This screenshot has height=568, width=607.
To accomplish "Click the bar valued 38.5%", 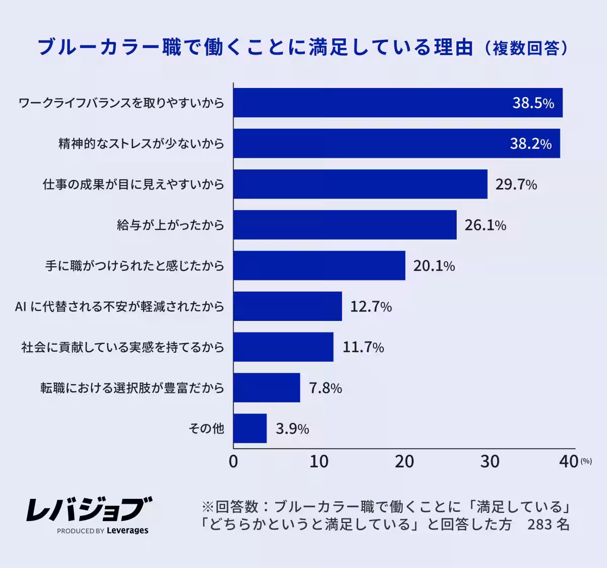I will click(398, 103).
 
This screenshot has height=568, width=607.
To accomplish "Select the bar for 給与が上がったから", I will click(345, 225).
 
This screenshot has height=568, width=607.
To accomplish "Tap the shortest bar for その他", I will click(250, 429).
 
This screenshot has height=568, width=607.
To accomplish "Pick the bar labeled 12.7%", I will click(288, 306).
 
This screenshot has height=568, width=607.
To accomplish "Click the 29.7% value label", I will click(516, 184).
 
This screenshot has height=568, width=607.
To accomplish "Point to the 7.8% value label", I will click(325, 388).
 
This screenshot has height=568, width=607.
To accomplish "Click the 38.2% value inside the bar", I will click(530, 144).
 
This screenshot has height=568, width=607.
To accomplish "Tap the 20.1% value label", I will click(434, 266).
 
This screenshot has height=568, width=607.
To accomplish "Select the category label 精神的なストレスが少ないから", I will click(141, 144).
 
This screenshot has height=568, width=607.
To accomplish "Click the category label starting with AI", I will click(119, 306).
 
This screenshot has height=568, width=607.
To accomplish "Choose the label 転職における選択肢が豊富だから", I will click(132, 388).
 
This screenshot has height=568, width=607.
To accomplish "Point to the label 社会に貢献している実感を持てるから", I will click(122, 347).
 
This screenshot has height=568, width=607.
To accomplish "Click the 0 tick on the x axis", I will click(233, 461).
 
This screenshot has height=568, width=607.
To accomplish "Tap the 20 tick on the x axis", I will click(404, 461).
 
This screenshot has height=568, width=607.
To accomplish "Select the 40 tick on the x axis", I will click(569, 461).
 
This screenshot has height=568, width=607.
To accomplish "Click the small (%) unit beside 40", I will click(586, 461).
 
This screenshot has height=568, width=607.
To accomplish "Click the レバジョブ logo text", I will click(89, 509).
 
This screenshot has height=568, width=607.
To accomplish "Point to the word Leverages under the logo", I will click(127, 531).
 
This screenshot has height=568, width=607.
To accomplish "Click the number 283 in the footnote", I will click(539, 525).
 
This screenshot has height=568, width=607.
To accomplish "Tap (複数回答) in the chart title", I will click(526, 48).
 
